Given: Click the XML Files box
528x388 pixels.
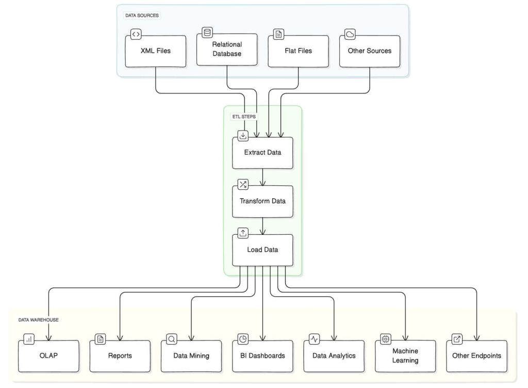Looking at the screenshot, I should point(156,51).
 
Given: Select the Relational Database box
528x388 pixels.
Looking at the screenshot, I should point(227,50).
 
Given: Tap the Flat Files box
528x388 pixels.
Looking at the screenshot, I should point(298,51).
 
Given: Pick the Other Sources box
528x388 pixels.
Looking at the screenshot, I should point(369,51).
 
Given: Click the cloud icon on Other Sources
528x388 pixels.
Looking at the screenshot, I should point(350,35).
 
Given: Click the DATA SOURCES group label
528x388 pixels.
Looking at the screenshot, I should point(142,15).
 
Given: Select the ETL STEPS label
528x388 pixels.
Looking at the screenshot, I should point(244,117).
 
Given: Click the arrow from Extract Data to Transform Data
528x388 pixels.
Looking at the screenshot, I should point(263,177).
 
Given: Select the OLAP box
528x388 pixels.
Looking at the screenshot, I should point(49,356).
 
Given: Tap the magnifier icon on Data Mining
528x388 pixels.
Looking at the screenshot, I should point(172,339).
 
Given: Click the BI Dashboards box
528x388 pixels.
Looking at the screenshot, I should point(263,356).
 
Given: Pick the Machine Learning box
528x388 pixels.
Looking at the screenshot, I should point(405,355).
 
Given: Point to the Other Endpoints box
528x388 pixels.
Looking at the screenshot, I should point(476,356).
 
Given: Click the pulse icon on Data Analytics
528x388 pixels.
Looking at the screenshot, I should point(315,339).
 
